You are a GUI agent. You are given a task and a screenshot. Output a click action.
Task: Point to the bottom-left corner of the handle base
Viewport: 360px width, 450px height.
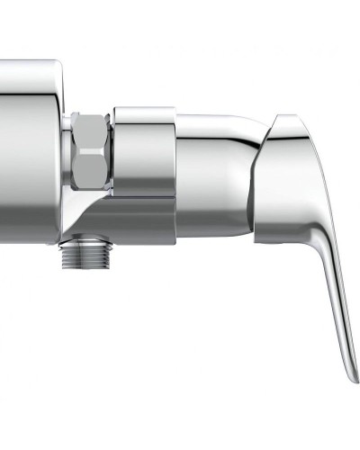(x=257, y=241)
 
